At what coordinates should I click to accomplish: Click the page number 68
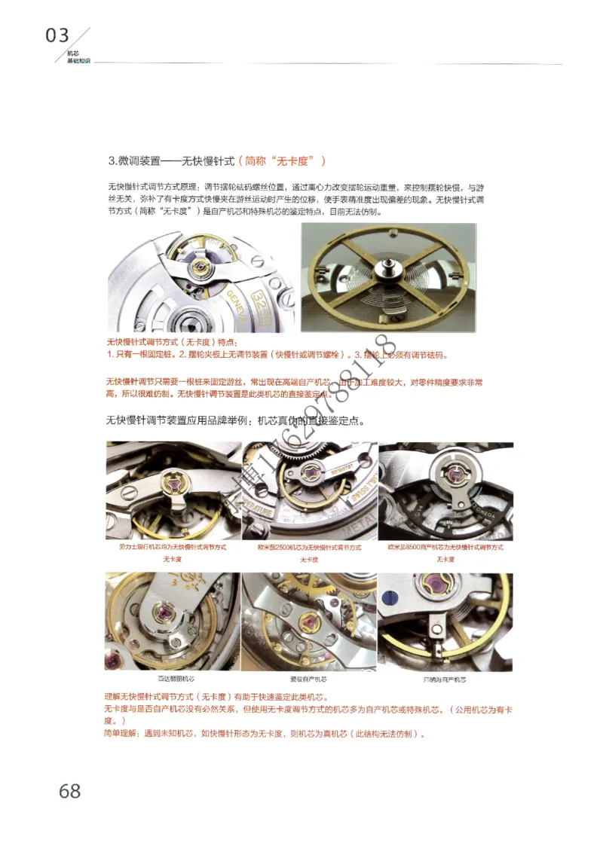pyautogui.click(x=69, y=790)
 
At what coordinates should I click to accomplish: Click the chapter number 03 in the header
pyautogui.click(x=57, y=35)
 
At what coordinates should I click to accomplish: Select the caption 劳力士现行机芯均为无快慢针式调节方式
pyautogui.click(x=173, y=547)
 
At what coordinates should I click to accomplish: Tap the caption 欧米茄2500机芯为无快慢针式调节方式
pyautogui.click(x=309, y=547)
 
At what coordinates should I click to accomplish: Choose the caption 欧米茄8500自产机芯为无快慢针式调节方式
pyautogui.click(x=445, y=547)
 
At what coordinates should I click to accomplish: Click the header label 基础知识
pyautogui.click(x=78, y=60)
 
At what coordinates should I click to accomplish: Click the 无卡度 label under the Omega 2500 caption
pyautogui.click(x=309, y=560)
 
